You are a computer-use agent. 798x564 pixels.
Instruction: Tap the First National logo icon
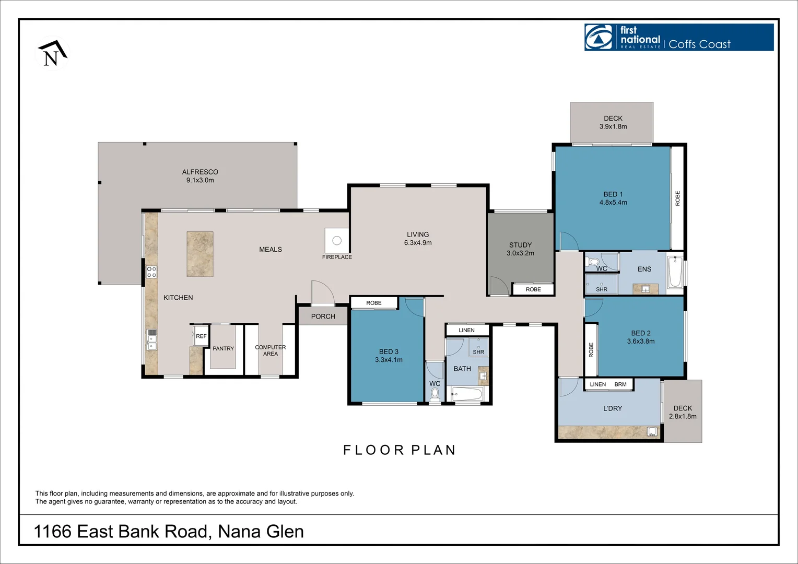coord(598,38)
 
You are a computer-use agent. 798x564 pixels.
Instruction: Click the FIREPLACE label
coord(337,257)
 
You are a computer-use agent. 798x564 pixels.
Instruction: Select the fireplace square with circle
coord(337,240)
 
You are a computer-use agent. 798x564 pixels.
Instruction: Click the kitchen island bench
coord(200,254)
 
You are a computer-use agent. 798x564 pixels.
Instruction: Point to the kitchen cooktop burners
coord(151,272)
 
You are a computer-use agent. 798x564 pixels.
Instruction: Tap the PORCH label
coord(323,316)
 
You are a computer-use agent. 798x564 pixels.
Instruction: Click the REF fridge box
coord(201,336)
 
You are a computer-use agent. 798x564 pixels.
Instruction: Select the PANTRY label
coord(223,348)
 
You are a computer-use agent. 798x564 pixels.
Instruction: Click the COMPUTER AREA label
coord(270,350)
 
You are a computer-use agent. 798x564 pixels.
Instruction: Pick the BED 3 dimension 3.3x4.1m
coord(389,360)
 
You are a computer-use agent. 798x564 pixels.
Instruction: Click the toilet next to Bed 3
coord(435,394)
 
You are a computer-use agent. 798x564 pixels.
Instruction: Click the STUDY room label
coord(520,245)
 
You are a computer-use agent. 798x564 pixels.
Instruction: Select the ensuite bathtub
coord(675,271)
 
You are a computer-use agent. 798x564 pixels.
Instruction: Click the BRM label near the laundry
coord(620,384)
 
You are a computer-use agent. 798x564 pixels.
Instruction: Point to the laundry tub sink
coord(651,431)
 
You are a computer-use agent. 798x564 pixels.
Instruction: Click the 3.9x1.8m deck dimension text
coord(613,126)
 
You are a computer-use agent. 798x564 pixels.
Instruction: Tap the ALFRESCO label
coord(200,172)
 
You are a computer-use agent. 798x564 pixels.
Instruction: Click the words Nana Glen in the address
coord(261,532)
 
